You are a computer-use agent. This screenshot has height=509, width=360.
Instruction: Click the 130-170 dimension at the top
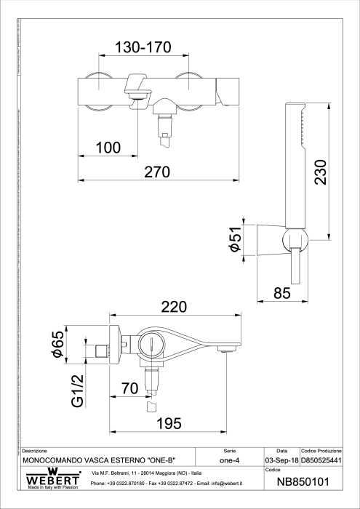click(x=143, y=48)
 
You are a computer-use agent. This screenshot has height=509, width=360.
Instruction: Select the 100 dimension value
click(x=108, y=148)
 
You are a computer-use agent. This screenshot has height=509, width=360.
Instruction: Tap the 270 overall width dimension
click(x=156, y=172)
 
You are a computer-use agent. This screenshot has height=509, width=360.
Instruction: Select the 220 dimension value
click(x=174, y=308)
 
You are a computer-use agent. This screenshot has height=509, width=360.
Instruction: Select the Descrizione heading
click(x=35, y=452)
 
